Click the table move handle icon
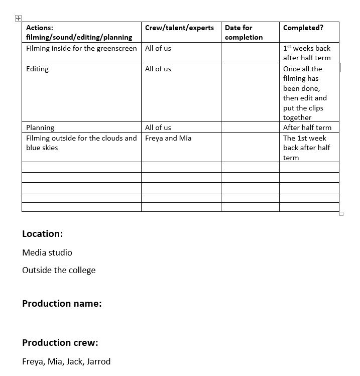click(x=18, y=18)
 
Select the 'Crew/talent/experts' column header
click(x=179, y=28)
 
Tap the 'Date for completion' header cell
click(x=244, y=32)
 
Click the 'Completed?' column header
click(x=303, y=28)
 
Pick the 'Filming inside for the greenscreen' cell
click(x=81, y=48)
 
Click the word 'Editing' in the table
click(x=38, y=69)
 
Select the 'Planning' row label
click(x=40, y=128)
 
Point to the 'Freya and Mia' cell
click(x=168, y=138)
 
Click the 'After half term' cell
click(x=307, y=128)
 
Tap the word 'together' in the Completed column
click(x=297, y=117)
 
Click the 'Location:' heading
click(x=43, y=233)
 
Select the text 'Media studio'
click(x=47, y=253)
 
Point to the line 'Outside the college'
click(x=59, y=270)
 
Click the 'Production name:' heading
click(x=62, y=303)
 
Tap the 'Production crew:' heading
click(x=60, y=342)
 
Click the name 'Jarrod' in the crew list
click(x=98, y=361)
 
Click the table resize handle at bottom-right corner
click(x=341, y=214)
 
